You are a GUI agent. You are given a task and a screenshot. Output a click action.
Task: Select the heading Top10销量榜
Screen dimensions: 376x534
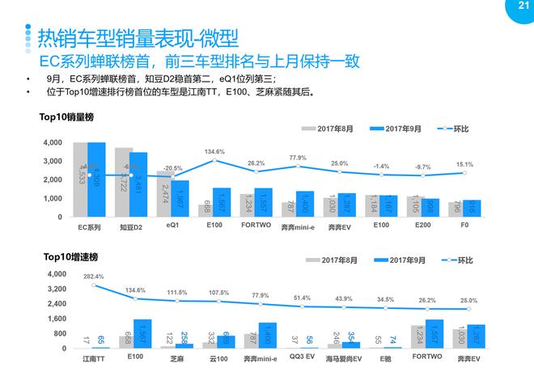[x=68, y=116]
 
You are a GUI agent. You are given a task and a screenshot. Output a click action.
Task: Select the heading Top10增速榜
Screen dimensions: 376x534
[x=68, y=256]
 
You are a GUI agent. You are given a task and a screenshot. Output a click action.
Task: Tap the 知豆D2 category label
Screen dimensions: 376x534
[x=130, y=228]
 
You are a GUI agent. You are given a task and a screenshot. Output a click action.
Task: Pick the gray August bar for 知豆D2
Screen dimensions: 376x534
[x=124, y=183]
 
